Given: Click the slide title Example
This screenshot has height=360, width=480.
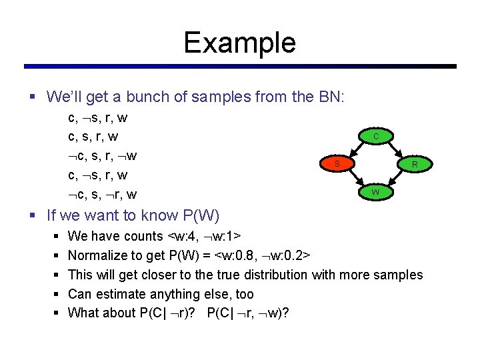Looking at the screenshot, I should [x=239, y=43].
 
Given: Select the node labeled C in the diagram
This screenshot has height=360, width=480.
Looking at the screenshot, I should [x=376, y=136].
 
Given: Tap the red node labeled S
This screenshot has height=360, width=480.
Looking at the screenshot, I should [x=337, y=163].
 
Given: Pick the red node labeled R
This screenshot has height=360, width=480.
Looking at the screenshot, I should [x=414, y=164].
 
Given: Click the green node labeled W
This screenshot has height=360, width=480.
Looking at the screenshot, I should [x=376, y=192].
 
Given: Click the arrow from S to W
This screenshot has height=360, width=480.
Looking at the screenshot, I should [x=357, y=178].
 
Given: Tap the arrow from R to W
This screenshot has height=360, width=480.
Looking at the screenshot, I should [x=395, y=178].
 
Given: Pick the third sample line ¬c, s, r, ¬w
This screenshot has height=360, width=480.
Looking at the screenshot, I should [x=103, y=157].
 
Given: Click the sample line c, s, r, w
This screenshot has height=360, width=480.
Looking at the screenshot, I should [x=93, y=137].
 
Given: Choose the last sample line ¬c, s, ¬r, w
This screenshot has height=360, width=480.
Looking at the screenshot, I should [x=103, y=195].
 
